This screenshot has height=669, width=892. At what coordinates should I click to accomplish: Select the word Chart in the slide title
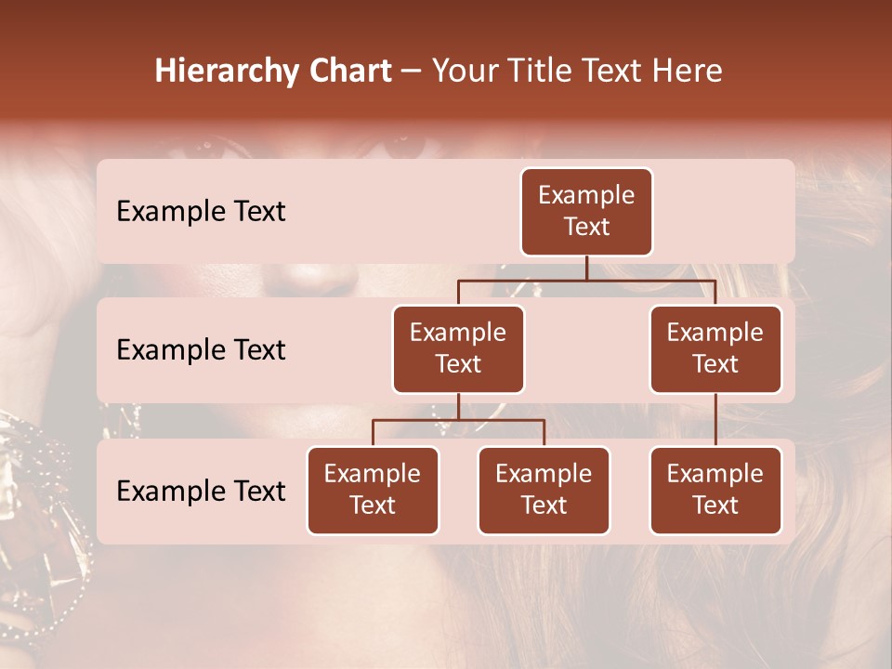[348, 72]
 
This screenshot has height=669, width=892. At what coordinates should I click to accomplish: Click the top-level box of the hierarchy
[586, 212]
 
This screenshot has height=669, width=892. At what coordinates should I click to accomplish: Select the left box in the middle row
[458, 349]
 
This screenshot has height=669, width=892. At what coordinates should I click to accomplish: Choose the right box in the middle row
[715, 349]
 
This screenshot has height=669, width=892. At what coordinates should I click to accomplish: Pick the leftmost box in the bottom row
[373, 491]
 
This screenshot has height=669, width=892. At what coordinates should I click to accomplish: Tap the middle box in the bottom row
[544, 491]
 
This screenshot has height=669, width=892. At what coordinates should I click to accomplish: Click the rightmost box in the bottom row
[715, 491]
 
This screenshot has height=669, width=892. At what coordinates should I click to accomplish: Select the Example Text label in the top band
[201, 212]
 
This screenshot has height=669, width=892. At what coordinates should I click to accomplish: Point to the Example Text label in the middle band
[201, 350]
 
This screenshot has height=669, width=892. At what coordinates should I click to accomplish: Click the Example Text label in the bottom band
[201, 492]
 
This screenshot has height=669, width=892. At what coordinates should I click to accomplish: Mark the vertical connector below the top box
[586, 268]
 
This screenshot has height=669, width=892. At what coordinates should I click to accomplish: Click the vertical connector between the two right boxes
[715, 420]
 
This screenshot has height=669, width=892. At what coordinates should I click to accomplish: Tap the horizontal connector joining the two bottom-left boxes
[458, 420]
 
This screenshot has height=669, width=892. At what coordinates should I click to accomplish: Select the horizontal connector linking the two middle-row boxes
[586, 280]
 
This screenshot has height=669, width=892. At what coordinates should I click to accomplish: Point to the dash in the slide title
[411, 72]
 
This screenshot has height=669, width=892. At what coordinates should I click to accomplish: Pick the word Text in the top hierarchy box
[586, 227]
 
